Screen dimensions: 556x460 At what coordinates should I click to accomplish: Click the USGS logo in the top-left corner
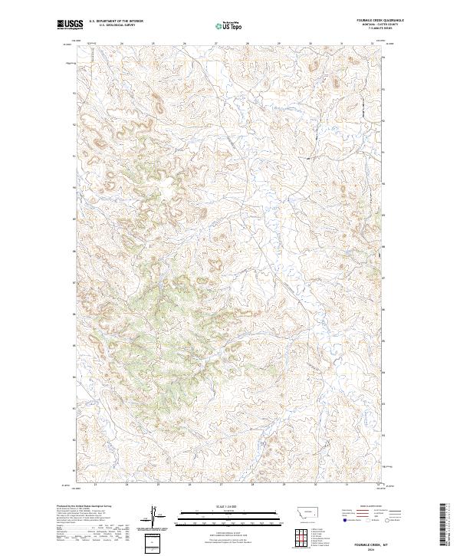point(71,25)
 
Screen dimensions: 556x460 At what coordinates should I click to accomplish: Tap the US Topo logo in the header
point(231,25)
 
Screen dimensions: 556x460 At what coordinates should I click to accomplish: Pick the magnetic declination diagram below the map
point(153,516)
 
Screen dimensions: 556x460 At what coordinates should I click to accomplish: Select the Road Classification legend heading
point(372,506)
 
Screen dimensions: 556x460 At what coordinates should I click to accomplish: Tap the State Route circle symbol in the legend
point(386,520)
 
